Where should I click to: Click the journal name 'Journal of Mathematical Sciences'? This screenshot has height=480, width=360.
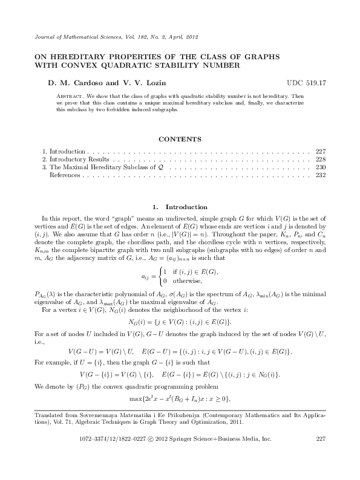66,37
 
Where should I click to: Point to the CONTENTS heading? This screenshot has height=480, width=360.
179,139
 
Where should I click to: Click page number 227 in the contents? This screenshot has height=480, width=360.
321,150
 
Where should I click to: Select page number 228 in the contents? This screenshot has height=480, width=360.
321,158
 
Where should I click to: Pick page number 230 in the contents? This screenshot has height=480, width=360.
321,167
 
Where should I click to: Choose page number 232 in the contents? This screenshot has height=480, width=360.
321,175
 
